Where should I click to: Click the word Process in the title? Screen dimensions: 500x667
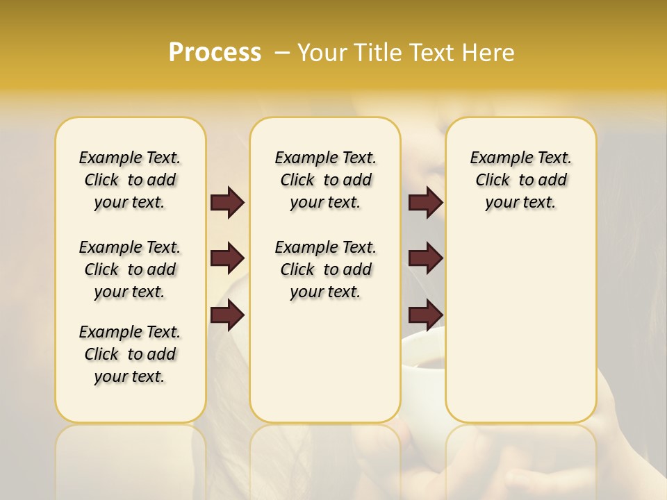point(215,53)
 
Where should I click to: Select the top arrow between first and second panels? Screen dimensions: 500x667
point(227,203)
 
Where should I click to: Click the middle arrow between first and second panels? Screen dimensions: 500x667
point(227,259)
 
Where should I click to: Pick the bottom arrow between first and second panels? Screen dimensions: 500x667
point(227,315)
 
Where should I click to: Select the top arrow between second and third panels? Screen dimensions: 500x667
point(425,203)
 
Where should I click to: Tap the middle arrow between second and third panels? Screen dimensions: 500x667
point(425,259)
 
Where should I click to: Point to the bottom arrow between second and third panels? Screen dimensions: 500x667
point(425,315)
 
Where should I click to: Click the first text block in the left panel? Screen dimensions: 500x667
point(130,180)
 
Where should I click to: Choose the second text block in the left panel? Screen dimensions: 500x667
point(130,269)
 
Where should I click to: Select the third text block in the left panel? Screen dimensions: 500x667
point(130,354)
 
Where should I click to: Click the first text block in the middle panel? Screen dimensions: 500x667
point(326,180)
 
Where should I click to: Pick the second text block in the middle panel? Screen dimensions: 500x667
point(326,269)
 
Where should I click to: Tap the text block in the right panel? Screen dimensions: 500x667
point(521,180)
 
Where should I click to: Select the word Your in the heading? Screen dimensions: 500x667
point(322,53)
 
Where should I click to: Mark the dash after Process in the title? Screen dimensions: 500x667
point(281,53)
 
